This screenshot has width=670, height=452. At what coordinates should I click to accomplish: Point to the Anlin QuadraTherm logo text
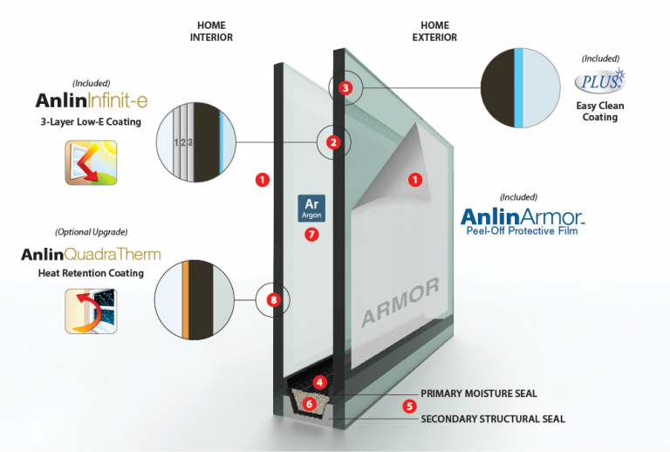point(91,255)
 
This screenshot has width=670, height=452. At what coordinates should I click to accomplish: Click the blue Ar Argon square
point(311,208)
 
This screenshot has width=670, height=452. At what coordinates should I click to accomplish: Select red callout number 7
point(312,234)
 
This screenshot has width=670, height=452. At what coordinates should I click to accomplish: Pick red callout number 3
point(345,87)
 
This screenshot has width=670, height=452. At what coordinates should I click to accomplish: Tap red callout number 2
point(332,141)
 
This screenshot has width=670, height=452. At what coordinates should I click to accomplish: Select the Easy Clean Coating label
point(599,112)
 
